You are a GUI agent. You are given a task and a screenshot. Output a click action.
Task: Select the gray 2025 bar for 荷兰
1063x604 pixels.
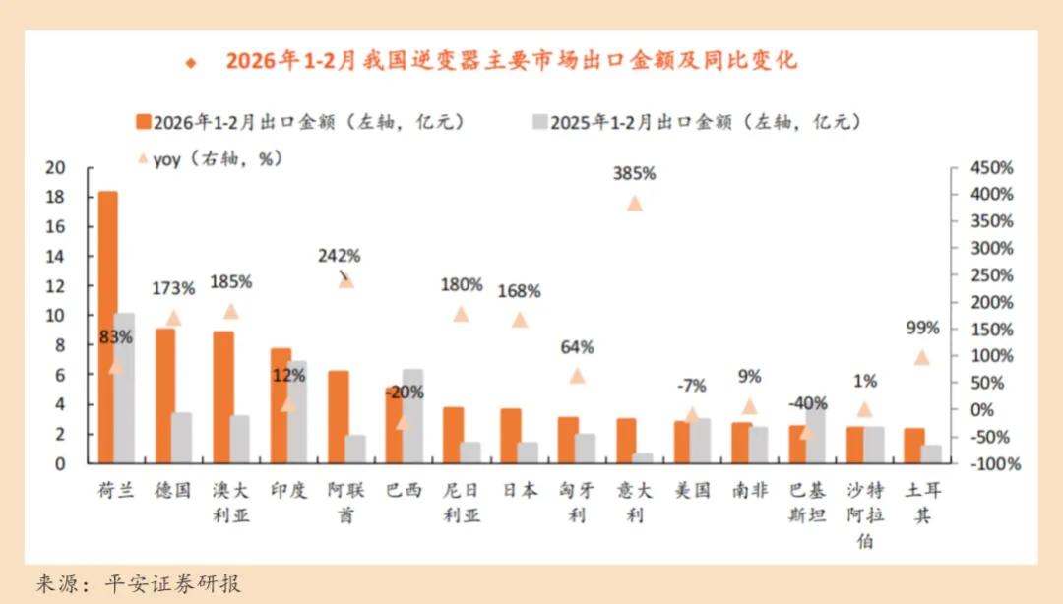pos(125,388)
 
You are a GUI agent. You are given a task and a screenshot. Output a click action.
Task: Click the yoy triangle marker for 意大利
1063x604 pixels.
pos(635,204)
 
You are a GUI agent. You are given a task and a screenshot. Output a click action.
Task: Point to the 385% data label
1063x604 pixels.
pos(634,173)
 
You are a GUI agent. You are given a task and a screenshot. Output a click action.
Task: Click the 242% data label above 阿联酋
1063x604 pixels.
pos(339,256)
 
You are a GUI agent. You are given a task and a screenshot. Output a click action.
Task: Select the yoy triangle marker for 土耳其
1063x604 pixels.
pos(921,357)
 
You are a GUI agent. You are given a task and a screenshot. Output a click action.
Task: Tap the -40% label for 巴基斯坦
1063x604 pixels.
pos(807,403)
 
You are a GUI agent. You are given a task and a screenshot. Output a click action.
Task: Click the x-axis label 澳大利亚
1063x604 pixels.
pos(231,502)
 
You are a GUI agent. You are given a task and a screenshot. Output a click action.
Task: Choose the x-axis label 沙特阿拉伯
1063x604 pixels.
pos(864,515)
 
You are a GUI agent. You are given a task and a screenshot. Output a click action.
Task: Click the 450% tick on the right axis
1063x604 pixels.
pos(991,168)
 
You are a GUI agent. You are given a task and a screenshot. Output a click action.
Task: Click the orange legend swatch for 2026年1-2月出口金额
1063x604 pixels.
pos(144,122)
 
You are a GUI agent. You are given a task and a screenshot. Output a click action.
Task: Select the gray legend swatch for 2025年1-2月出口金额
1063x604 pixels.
pos(539,122)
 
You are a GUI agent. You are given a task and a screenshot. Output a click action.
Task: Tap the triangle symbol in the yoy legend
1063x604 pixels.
pos(143,157)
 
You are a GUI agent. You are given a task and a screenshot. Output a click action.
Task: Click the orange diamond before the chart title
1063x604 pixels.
pos(191,62)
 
